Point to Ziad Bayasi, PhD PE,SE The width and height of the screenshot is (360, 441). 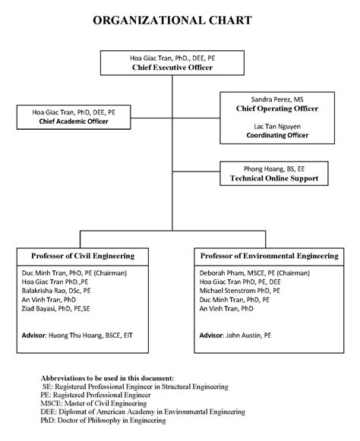(56, 309)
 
